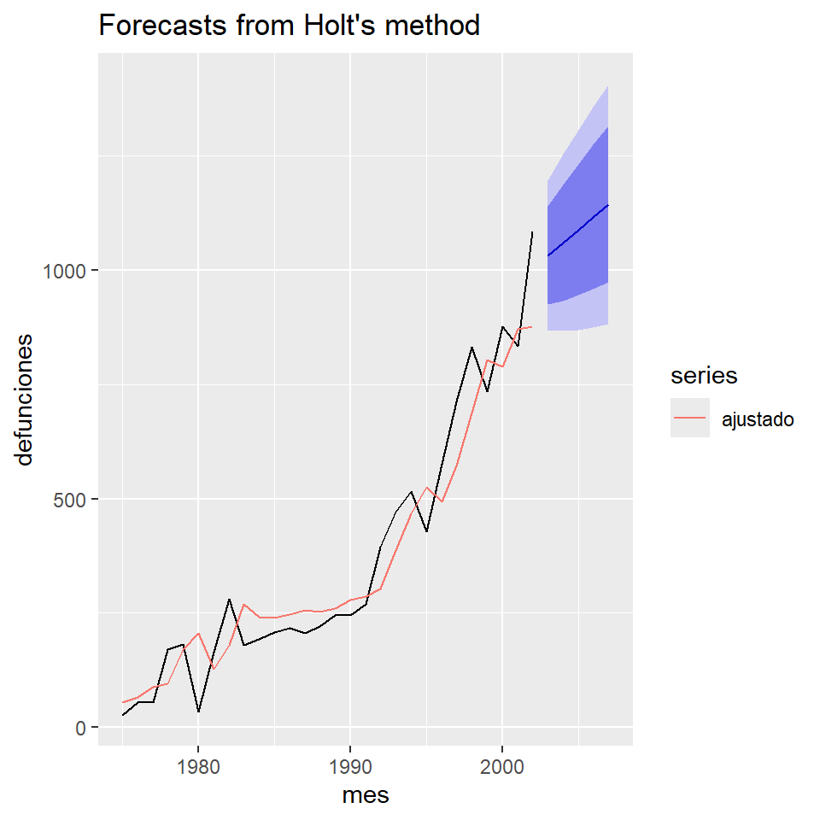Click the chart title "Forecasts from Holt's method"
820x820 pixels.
click(290, 26)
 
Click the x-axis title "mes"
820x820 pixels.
click(365, 795)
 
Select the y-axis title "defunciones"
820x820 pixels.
click(26, 399)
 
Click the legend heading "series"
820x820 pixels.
click(704, 375)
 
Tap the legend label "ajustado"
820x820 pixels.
click(758, 419)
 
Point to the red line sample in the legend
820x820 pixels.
click(690, 419)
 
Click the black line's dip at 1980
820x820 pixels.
click(198, 712)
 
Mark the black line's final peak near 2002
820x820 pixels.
click(532, 232)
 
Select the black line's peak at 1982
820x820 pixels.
click(229, 600)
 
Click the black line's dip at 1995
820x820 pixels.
click(426, 531)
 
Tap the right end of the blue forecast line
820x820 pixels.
click(607, 205)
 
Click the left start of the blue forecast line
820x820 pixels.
click(548, 255)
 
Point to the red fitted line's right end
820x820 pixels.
click(532, 326)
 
